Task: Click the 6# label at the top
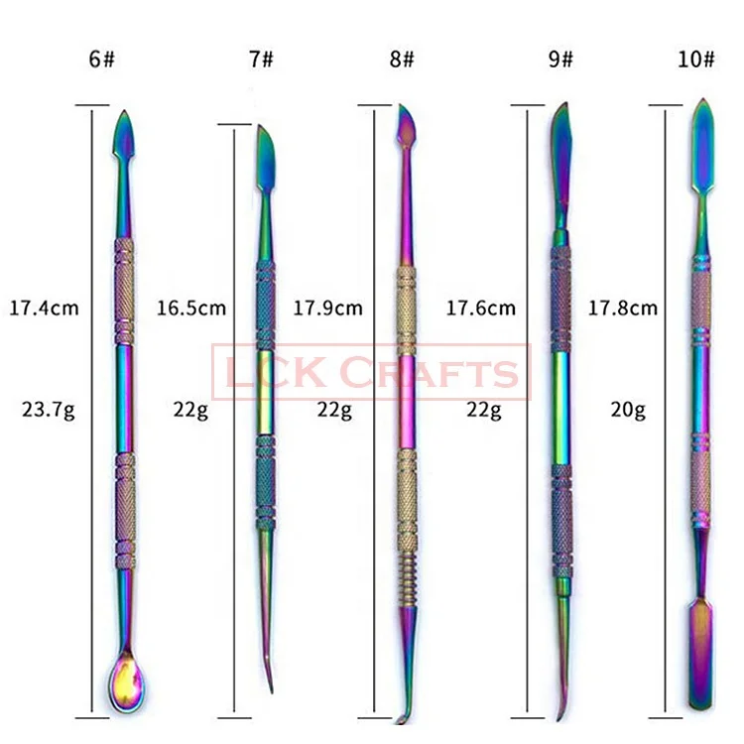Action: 102,59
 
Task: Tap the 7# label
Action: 262,59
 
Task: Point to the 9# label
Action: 560,59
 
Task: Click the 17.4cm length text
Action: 43,308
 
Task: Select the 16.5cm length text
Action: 190,308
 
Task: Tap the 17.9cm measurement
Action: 327,308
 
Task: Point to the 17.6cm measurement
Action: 481,308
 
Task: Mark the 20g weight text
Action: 627,408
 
